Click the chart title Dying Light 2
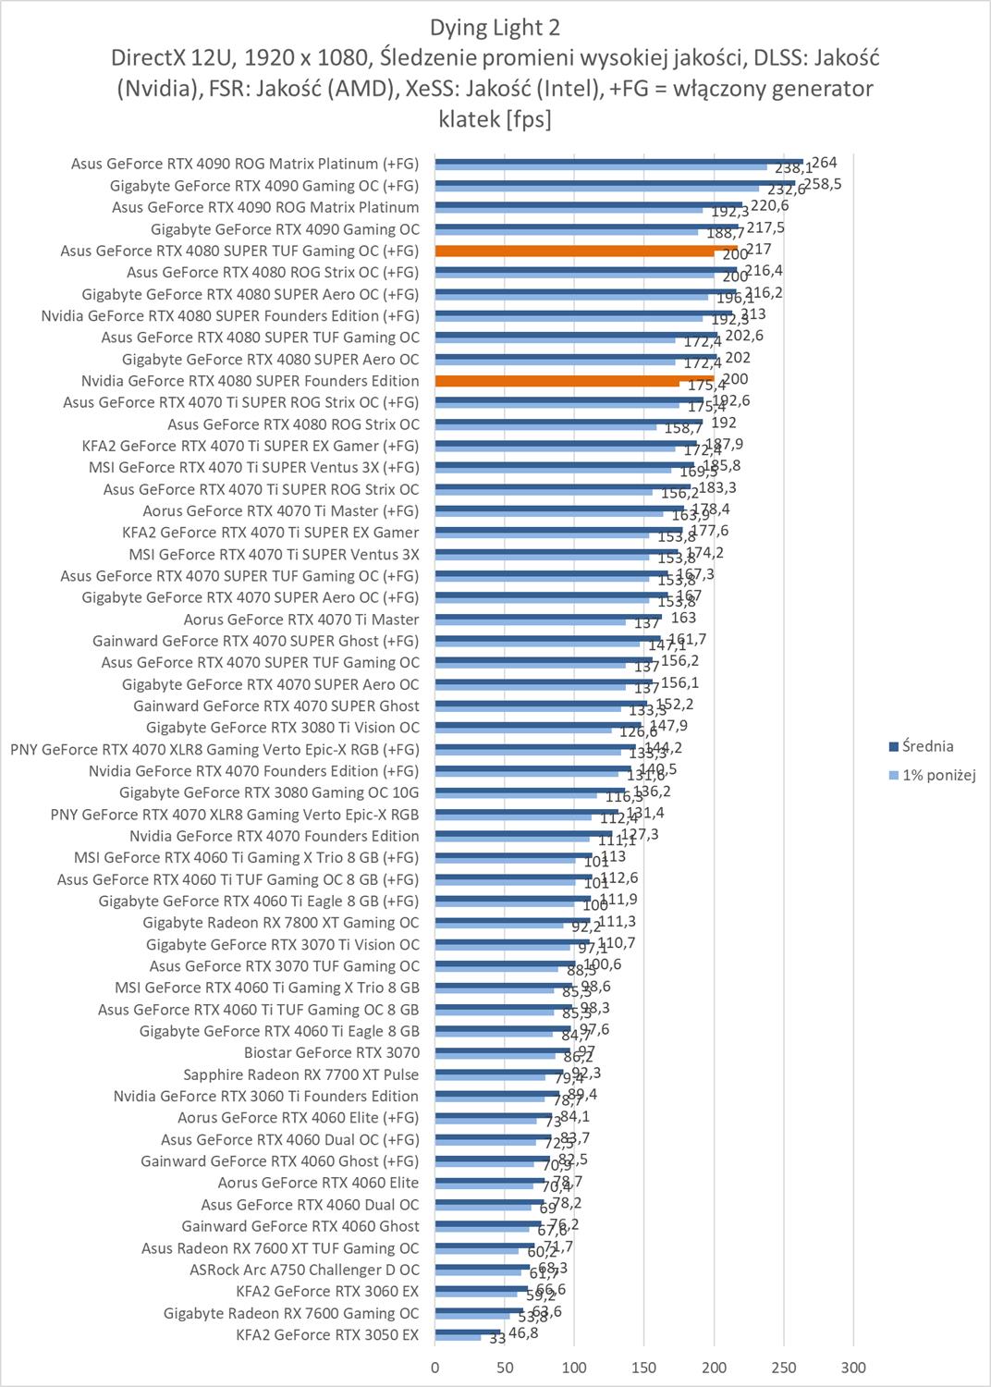pos(495,27)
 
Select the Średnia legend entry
pos(926,746)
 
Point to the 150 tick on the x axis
pos(644,1368)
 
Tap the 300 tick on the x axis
pos(853,1368)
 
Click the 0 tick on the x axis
pos(435,1368)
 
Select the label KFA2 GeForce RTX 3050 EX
pos(327,1334)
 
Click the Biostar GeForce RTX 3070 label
pos(331,1052)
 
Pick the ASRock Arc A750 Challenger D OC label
pos(304,1270)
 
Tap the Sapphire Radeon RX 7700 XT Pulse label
pos(300,1074)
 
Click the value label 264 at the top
pos(824,163)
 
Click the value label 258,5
pos(823,184)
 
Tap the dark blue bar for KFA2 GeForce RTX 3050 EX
pos(467,1332)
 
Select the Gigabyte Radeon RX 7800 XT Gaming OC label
pos(280,922)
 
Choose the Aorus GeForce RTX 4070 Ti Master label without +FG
pos(300,620)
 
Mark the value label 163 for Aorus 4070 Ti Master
pos(684,618)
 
